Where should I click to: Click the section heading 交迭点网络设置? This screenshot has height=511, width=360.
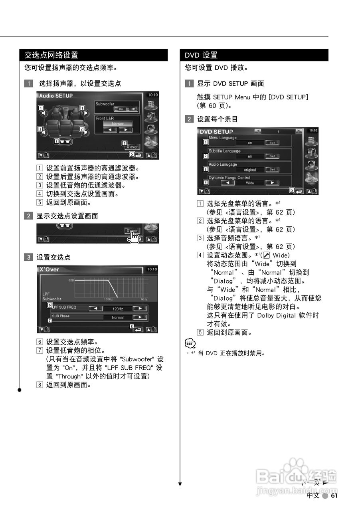point(51,55)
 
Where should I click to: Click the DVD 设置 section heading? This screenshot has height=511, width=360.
point(201,55)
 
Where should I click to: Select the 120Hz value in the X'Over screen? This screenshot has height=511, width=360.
point(117,309)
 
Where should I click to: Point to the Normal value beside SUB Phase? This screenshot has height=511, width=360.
point(117,318)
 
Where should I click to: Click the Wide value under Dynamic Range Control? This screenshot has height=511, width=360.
point(250,183)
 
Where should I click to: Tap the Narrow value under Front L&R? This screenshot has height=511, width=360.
point(118,124)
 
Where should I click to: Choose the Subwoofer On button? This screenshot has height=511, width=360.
point(121,109)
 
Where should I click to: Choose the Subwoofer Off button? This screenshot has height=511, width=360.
point(132,109)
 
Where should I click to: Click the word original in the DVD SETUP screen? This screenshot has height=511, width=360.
point(250,170)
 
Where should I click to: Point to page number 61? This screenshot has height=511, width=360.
point(334,495)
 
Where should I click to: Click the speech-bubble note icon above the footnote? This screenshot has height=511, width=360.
point(190,343)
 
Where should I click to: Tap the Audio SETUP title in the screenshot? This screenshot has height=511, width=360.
point(56,96)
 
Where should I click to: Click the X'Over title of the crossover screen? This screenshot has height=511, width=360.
point(49,269)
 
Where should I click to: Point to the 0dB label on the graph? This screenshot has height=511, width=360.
point(71,280)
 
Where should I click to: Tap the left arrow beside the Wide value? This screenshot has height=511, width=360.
point(228,183)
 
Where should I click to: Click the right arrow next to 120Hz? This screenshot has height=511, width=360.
point(140,309)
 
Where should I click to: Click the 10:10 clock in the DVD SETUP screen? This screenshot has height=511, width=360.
point(313,131)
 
